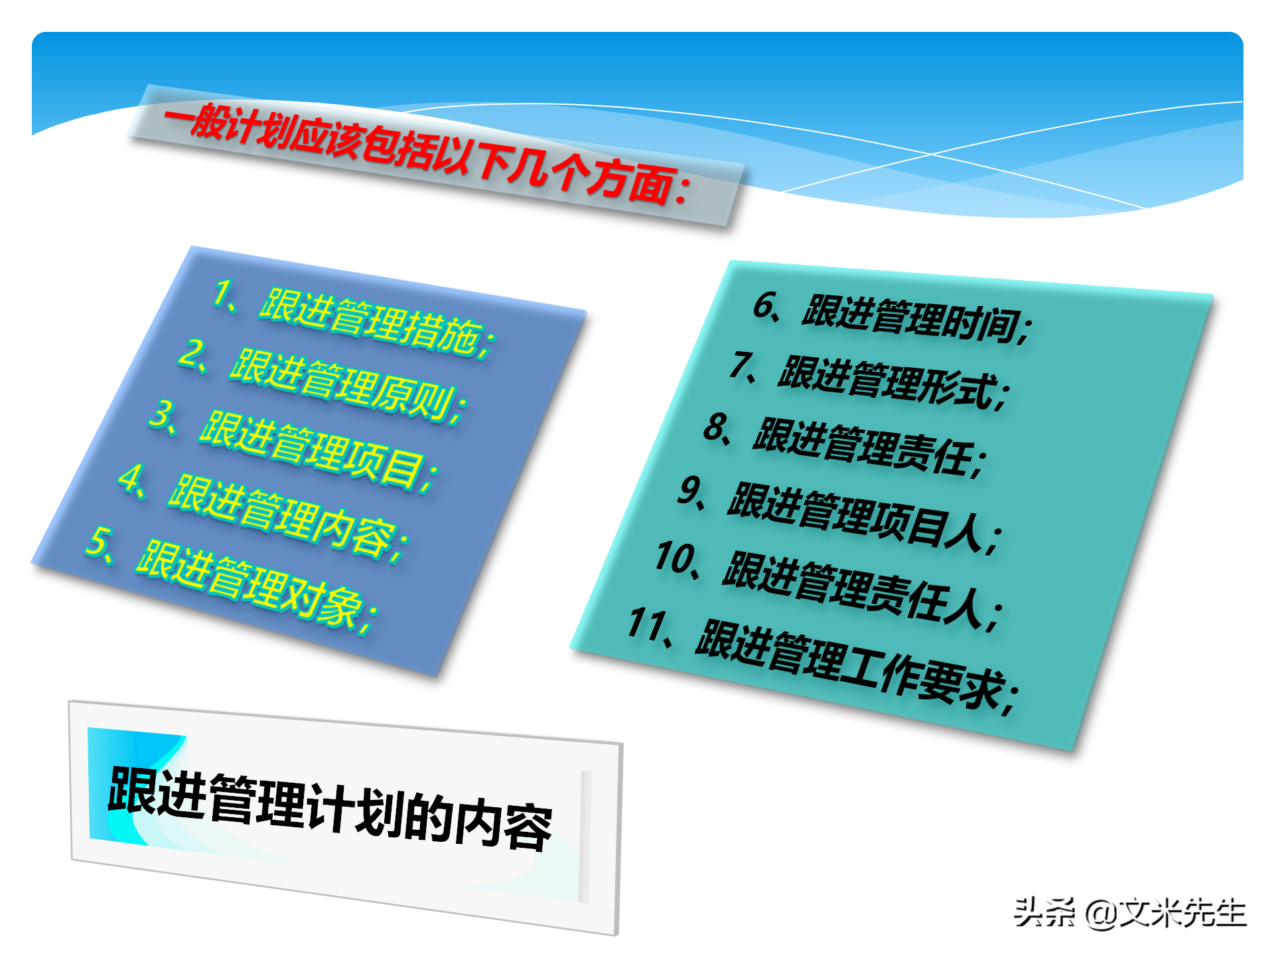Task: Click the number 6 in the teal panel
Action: [x=765, y=305]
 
